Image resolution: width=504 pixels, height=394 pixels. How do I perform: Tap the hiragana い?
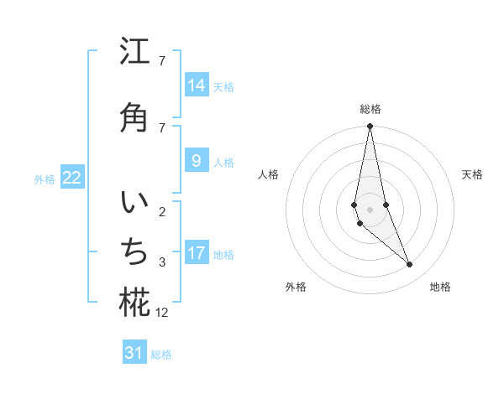[134, 205]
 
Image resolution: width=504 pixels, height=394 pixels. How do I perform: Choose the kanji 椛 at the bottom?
[134, 303]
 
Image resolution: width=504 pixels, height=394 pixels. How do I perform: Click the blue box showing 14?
[197, 86]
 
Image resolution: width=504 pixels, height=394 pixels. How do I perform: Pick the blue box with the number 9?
[197, 161]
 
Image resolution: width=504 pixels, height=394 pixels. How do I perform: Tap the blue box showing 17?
[197, 253]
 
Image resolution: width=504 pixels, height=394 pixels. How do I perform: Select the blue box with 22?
[72, 178]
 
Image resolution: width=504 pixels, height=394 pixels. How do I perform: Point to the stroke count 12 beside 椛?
[162, 313]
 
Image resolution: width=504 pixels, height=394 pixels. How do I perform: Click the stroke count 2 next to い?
[162, 212]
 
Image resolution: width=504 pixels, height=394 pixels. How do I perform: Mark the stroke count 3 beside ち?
[162, 262]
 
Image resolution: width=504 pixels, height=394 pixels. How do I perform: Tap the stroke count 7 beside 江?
[162, 61]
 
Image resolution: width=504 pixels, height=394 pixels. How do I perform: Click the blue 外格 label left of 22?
[45, 179]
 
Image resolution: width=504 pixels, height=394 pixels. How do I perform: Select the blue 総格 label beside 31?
[161, 355]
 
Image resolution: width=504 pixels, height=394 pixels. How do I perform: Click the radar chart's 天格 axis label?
[472, 174]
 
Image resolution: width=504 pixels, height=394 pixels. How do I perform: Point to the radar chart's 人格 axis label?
[268, 174]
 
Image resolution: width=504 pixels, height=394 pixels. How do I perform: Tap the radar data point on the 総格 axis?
[370, 127]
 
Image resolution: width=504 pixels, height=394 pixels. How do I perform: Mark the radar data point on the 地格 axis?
[410, 265]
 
